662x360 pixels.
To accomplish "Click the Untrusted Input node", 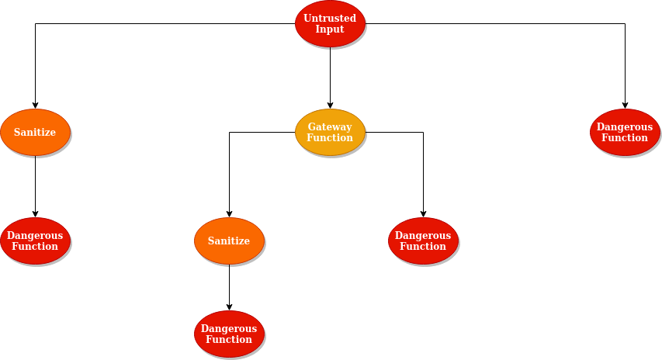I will pos(330,23).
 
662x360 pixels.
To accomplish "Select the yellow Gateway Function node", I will pos(330,132).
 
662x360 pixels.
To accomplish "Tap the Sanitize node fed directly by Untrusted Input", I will pos(35,132).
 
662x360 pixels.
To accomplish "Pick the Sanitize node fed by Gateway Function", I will pos(229,241).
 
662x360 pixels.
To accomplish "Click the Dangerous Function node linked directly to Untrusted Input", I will pos(625,132).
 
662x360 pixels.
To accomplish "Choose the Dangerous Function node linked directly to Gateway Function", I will pos(423,241).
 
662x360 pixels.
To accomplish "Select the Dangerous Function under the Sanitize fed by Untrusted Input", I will pos(35,241).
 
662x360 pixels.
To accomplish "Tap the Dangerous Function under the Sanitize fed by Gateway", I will pos(229,334).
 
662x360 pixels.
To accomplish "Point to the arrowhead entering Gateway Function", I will pos(330,106).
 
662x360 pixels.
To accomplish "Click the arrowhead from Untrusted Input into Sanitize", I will pos(35,106).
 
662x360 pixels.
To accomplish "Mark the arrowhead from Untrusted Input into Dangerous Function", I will pos(625,106).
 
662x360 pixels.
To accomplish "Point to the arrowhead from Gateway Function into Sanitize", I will pos(229,214).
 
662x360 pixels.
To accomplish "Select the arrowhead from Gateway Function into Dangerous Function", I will pos(423,214).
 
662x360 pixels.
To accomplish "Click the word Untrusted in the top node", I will pos(330,18).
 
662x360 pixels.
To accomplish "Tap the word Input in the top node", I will pos(330,29).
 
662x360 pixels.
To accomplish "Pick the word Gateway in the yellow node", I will pos(330,126).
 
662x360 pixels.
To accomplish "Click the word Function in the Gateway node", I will pos(330,138).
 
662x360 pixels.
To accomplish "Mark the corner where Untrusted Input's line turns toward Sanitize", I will pos(35,23).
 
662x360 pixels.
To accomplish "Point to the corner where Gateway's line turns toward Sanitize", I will pos(229,132).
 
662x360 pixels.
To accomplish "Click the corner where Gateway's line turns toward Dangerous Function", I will pos(423,132).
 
